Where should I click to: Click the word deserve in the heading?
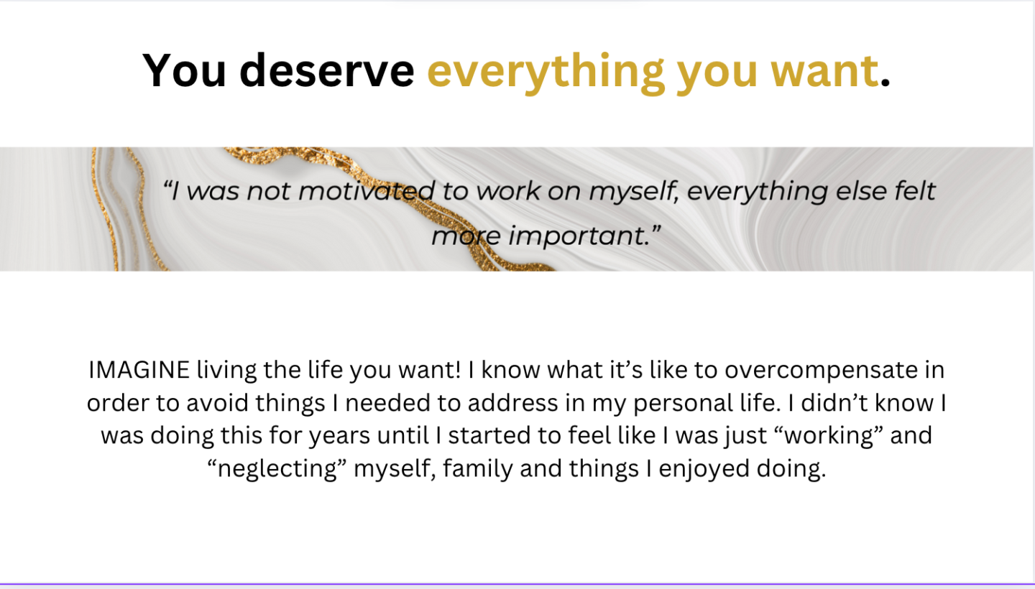326,70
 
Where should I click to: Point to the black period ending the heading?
885,83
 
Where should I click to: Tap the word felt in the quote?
915,190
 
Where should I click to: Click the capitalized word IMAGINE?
139,370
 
